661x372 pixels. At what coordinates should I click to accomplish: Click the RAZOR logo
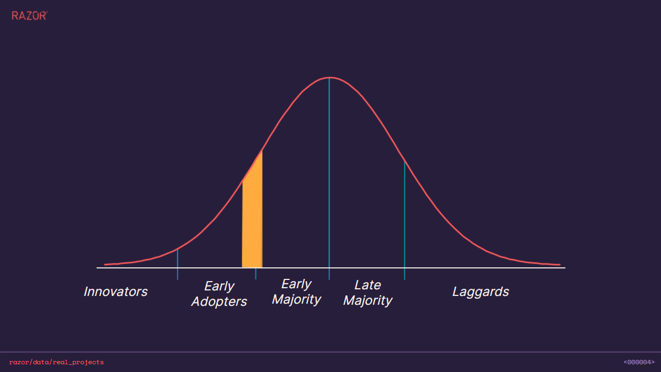[29, 16]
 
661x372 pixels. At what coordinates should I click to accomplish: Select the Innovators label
[115, 292]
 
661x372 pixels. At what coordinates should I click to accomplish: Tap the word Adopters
[219, 302]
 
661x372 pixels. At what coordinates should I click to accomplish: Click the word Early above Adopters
[219, 287]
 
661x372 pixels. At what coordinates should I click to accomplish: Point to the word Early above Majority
[296, 284]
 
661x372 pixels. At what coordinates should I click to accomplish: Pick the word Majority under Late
[367, 301]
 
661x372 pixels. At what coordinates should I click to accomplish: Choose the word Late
[367, 285]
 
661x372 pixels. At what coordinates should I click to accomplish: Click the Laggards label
[481, 292]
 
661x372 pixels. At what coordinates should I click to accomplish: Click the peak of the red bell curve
[329, 78]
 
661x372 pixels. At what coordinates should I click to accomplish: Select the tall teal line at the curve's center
[329, 176]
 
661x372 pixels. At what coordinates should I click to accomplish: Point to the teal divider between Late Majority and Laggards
[404, 220]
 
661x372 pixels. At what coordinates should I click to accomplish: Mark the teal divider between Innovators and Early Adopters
[178, 265]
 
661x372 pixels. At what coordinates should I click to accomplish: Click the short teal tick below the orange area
[255, 274]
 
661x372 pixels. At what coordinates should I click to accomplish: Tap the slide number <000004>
[639, 362]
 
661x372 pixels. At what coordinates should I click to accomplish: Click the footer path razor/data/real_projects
[56, 362]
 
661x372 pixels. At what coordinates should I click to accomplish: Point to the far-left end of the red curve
[105, 265]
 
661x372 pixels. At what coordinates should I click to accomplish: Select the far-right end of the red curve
[559, 265]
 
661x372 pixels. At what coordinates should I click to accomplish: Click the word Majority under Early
[296, 300]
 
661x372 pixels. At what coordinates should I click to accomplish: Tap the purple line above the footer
[330, 352]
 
